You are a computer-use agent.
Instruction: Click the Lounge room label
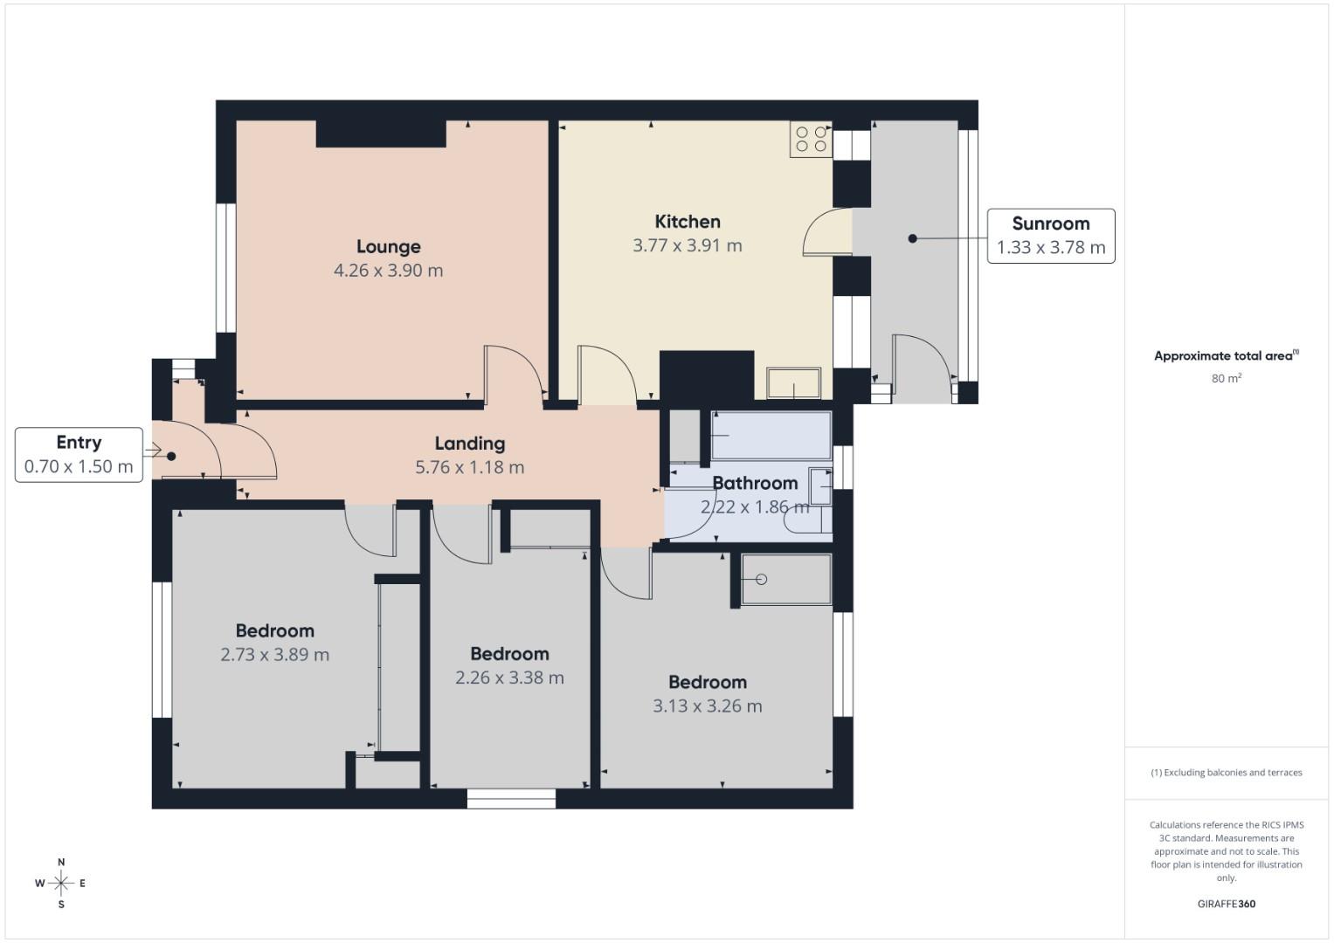[x=388, y=247]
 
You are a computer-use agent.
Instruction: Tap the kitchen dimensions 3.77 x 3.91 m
[x=688, y=246]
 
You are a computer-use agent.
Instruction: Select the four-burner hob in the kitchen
[x=811, y=140]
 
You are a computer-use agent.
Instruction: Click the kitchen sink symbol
[x=793, y=383]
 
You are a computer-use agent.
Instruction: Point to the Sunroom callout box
[x=1050, y=236]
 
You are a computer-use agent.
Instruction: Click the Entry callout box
[x=79, y=454]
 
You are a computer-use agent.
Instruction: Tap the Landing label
[x=470, y=444]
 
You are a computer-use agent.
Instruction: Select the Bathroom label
[x=755, y=483]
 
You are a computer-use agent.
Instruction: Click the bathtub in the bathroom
[x=771, y=435]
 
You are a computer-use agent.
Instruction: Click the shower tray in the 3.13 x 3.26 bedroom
[x=785, y=579]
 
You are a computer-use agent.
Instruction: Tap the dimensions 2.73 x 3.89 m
[x=274, y=655]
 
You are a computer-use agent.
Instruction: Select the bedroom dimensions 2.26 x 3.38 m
[x=509, y=678]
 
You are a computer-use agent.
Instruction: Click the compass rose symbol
[x=61, y=884]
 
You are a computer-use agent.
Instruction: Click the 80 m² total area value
[x=1226, y=379]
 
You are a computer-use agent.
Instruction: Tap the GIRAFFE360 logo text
[x=1226, y=904]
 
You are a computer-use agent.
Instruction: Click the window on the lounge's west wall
[x=226, y=268]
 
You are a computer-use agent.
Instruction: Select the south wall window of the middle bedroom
[x=511, y=798]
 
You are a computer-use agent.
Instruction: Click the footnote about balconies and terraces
[x=1226, y=773]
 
